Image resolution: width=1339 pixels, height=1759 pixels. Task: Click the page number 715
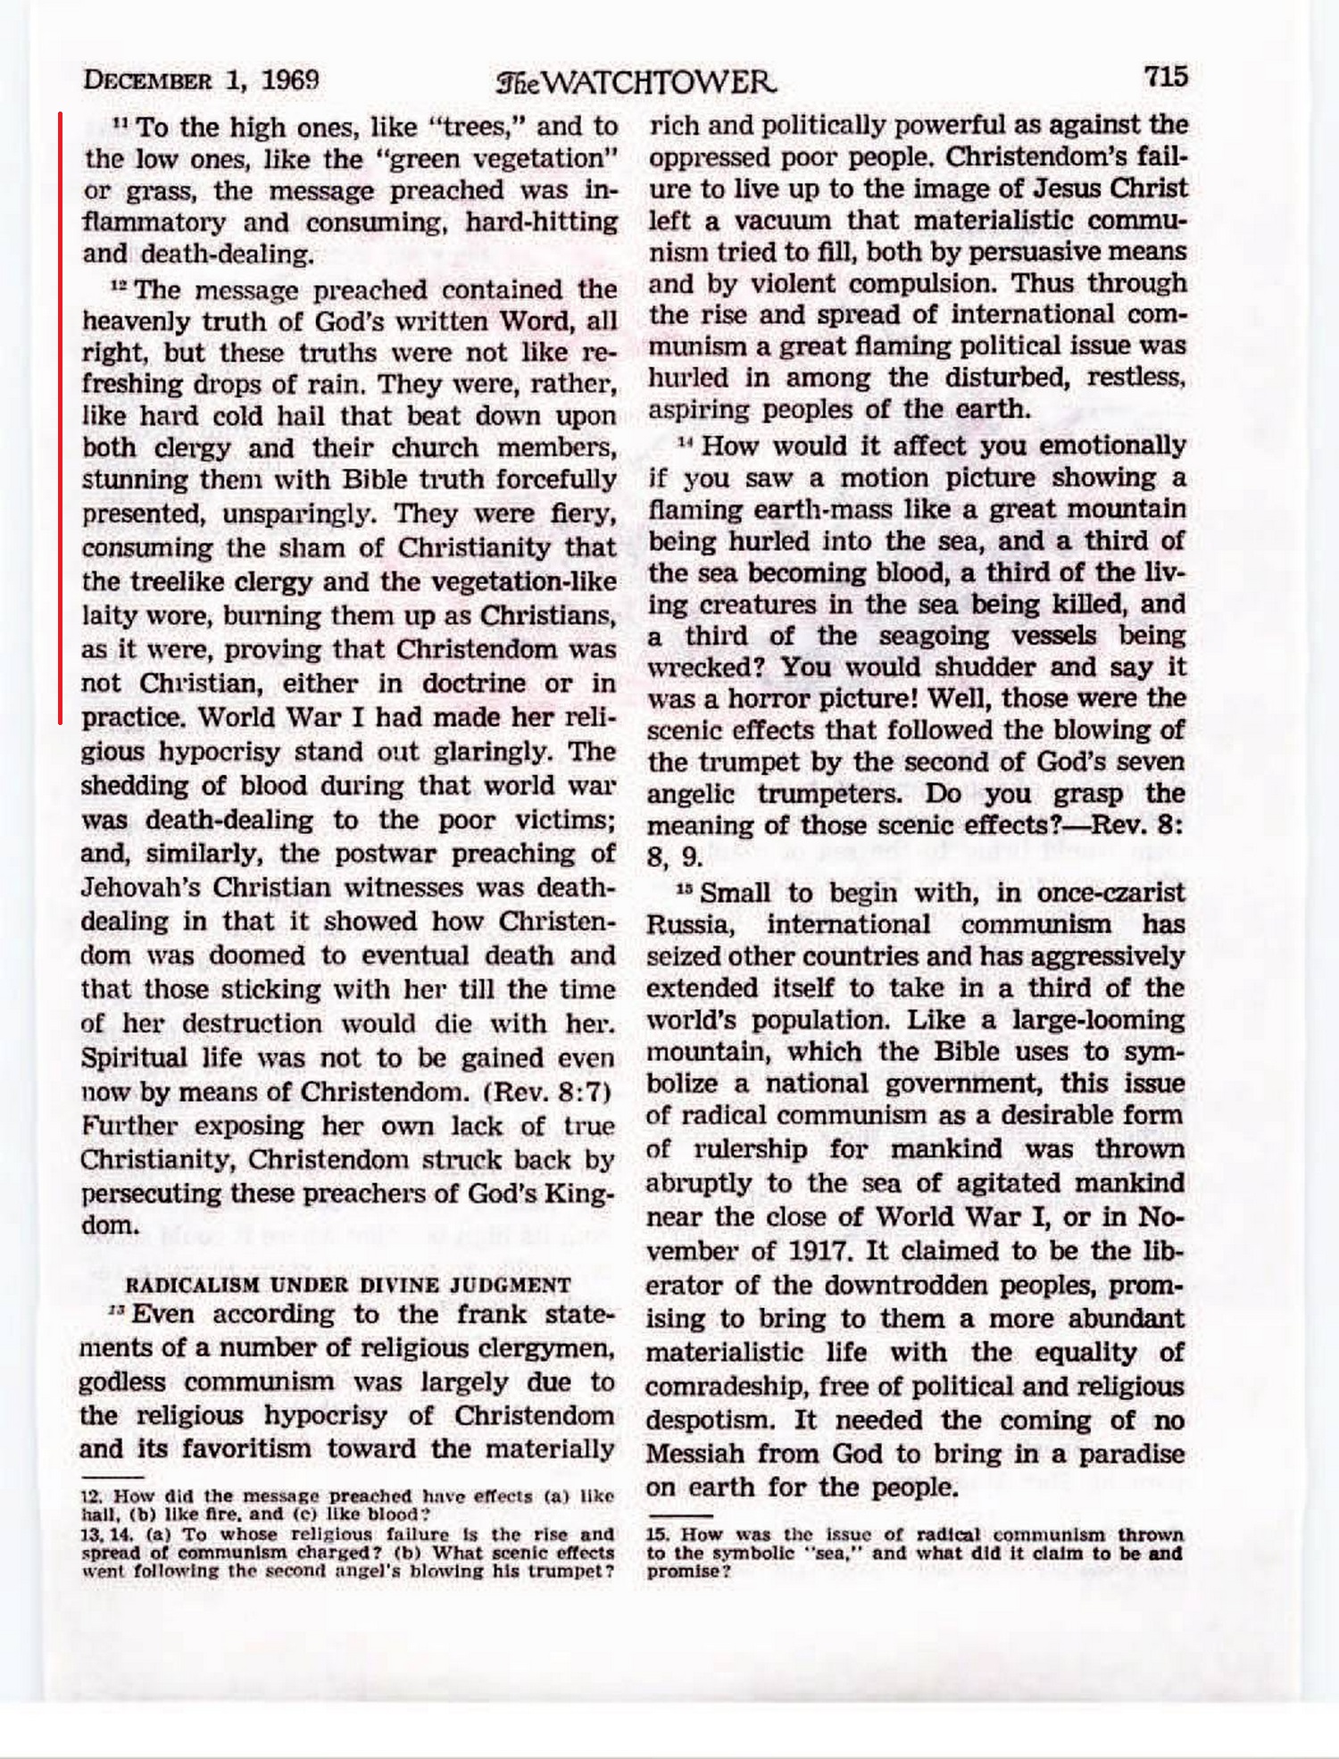pyautogui.click(x=1166, y=77)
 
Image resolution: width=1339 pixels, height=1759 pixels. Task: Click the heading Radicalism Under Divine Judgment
pyautogui.click(x=348, y=1285)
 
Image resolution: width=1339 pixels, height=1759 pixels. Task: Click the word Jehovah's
pyautogui.click(x=132, y=888)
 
